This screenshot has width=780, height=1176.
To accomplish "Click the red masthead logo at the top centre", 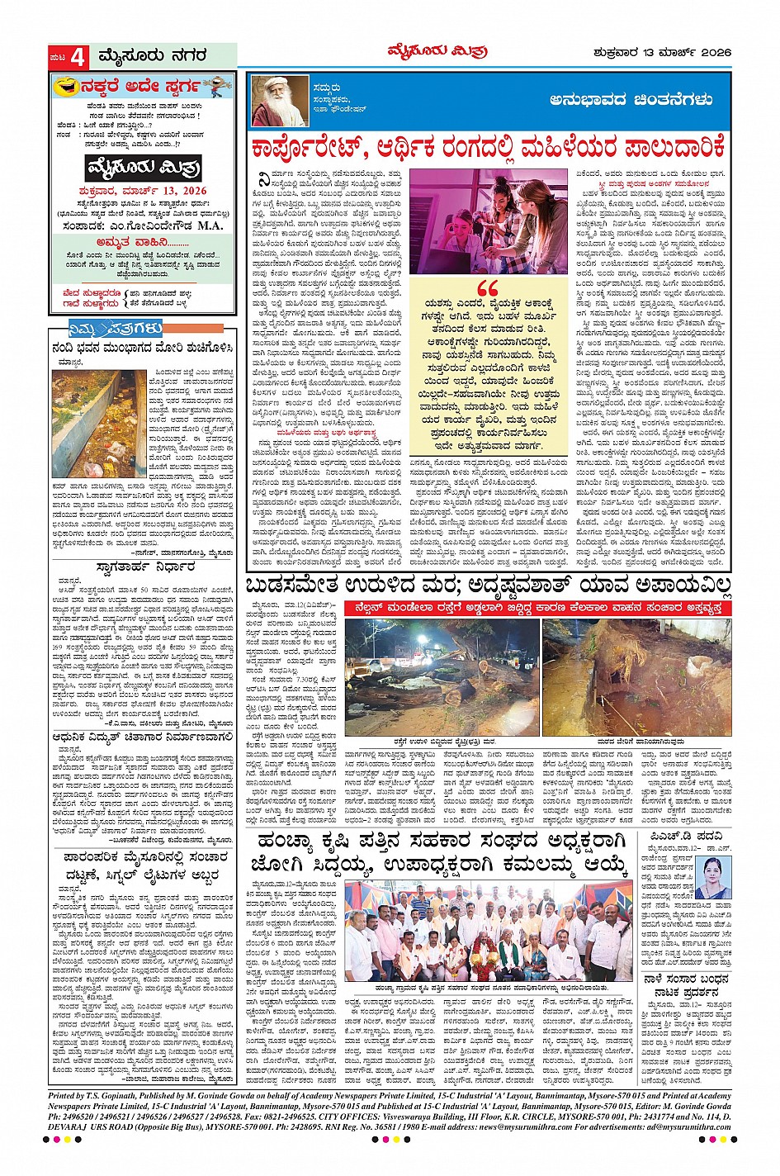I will pyautogui.click(x=437, y=52).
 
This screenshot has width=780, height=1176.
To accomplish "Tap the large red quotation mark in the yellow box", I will pyautogui.click(x=488, y=288).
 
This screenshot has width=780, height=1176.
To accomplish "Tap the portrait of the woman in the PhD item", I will pyautogui.click(x=713, y=877).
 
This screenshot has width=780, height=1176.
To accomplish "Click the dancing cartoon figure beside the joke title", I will pyautogui.click(x=216, y=85).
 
